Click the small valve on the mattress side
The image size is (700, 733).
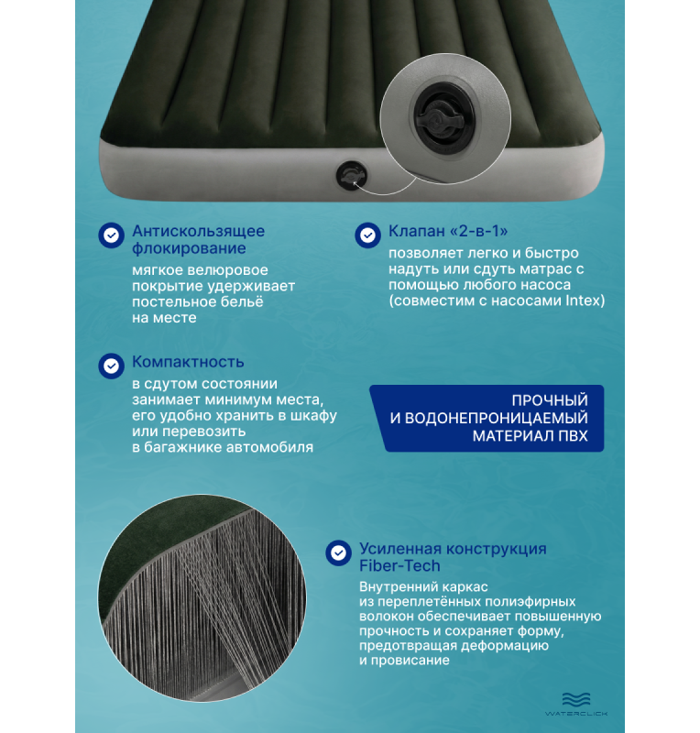pos(351,175)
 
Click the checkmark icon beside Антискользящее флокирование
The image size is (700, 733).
pos(111,235)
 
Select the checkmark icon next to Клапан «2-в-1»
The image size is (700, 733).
pos(367,235)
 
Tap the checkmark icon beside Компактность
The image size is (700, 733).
pos(111,366)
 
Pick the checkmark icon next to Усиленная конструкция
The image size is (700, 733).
pos(338,553)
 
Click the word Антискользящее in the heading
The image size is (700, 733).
pos(198,231)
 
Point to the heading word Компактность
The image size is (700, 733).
pos(188,362)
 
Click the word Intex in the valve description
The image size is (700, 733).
pos(583,301)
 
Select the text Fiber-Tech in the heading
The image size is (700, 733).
pos(399,565)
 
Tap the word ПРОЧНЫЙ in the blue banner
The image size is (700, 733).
pos(550,400)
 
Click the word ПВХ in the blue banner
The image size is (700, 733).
pos(573,436)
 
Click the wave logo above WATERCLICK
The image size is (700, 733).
pos(576,699)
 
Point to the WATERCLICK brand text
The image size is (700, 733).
pos(576,714)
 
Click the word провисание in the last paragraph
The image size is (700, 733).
pos(410,660)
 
